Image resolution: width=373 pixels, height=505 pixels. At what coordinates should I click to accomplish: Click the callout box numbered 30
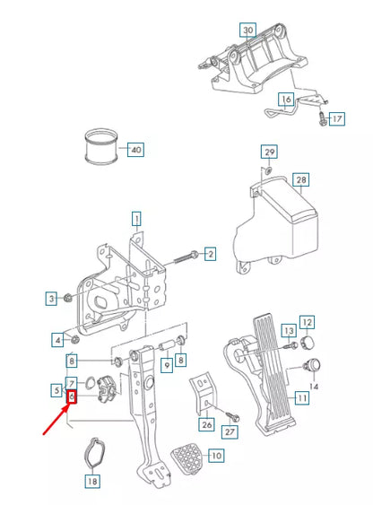[248, 30]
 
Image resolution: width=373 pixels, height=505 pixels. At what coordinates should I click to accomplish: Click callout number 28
[301, 179]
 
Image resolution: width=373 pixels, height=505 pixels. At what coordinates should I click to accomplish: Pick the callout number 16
[285, 99]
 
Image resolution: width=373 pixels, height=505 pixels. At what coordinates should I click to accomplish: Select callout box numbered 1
[136, 218]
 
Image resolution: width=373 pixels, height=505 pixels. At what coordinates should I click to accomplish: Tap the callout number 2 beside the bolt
[209, 254]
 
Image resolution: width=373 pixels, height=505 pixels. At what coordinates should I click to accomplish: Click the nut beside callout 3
[68, 297]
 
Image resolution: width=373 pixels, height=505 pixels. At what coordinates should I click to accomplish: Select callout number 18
[92, 480]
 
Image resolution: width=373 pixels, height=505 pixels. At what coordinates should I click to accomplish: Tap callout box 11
[302, 396]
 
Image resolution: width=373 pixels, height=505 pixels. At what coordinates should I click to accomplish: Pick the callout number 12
[306, 322]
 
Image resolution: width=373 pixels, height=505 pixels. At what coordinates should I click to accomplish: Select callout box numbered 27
[230, 431]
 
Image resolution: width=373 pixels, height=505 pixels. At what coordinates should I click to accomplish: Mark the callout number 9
[166, 365]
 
